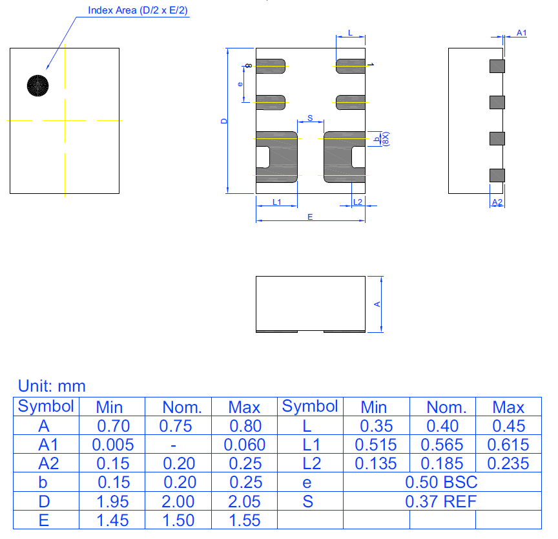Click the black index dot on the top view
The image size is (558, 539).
pos(37,85)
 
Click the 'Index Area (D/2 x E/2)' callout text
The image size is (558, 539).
pos(138,10)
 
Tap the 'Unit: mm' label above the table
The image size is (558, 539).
pos(52,386)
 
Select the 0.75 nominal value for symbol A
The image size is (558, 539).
pos(176,426)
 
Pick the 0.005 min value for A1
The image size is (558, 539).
pos(113,445)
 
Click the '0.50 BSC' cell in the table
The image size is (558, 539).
pos(441,482)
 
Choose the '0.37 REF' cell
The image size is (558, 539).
pos(441,502)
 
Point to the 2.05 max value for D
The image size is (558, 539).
pos(245,502)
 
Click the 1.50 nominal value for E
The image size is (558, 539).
pos(178,520)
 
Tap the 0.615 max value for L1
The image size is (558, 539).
pos(508,445)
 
